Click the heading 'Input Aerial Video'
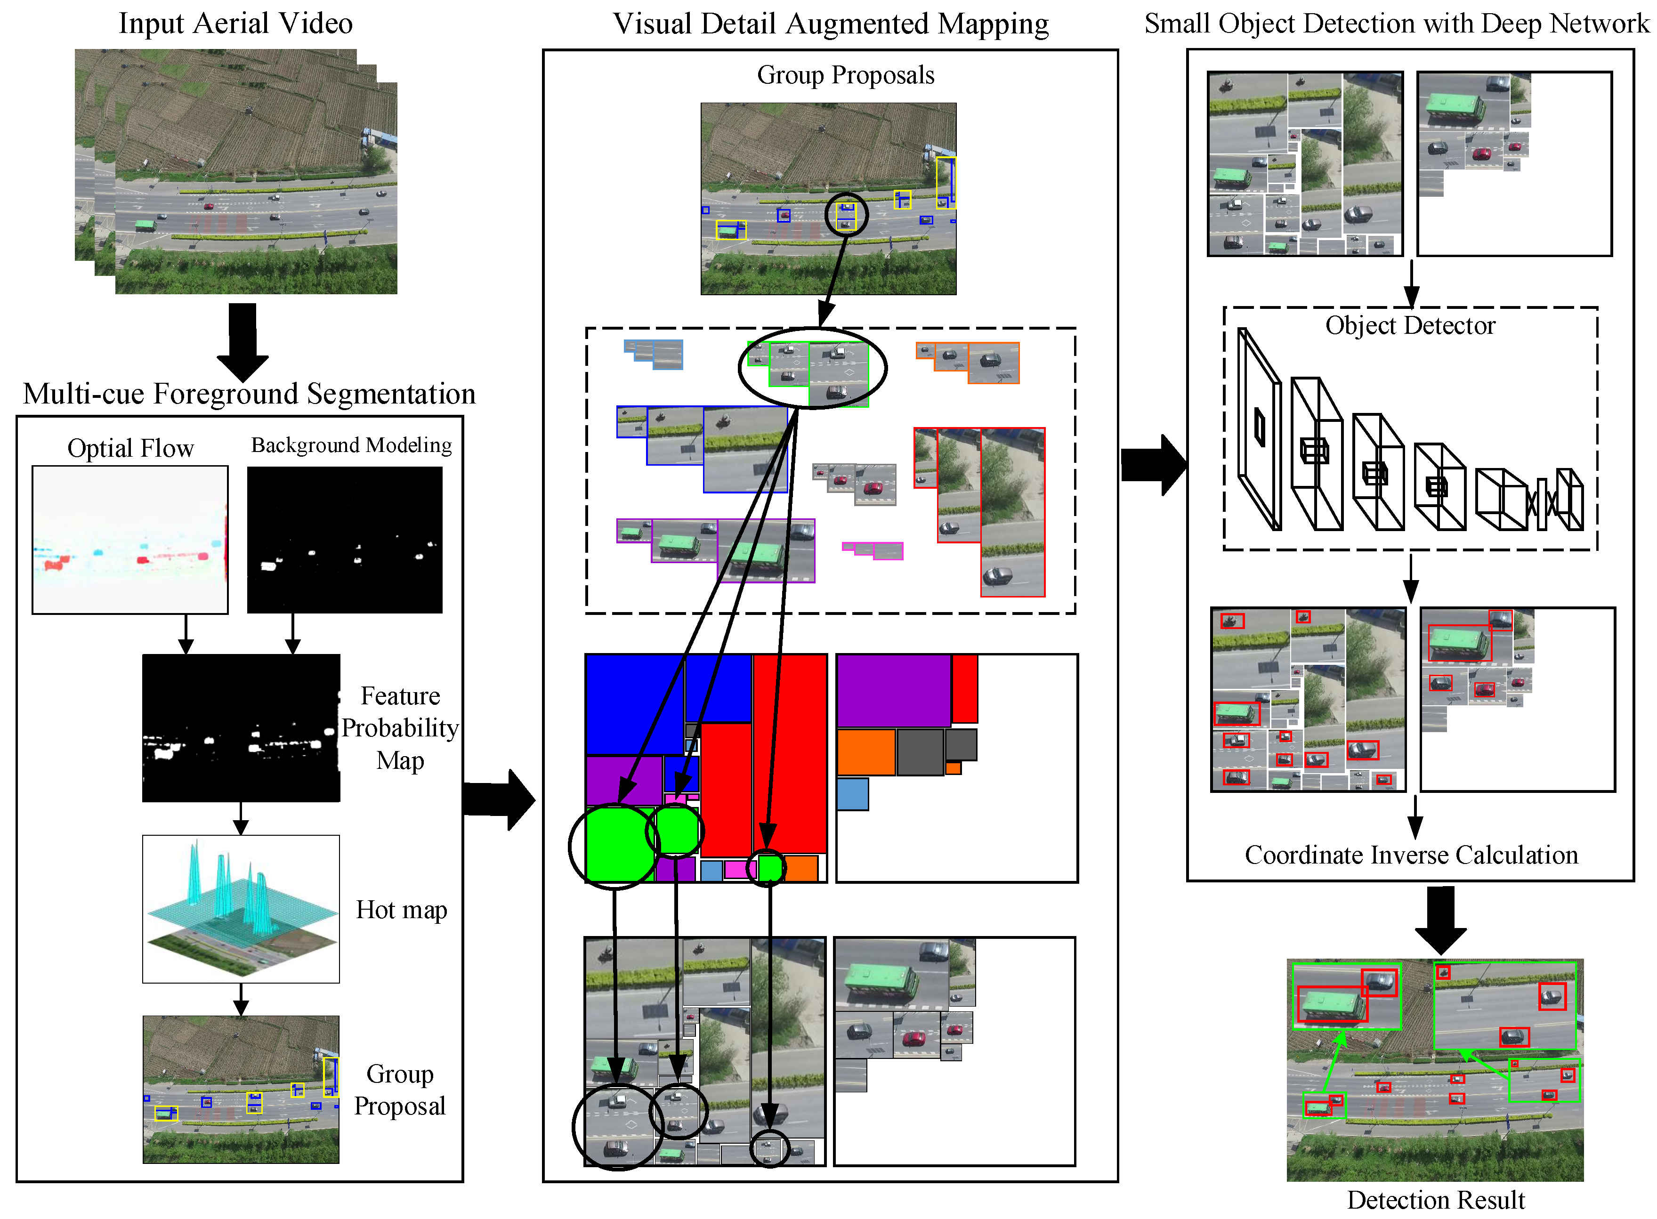pos(235,23)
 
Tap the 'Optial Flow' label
pos(130,448)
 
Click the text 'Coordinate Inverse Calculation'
pos(1411,855)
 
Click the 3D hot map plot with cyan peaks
pos(241,908)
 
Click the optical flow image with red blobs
pos(130,540)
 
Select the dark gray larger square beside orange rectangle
pos(919,751)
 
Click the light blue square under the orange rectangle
pos(852,794)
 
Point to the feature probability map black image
pos(241,727)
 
